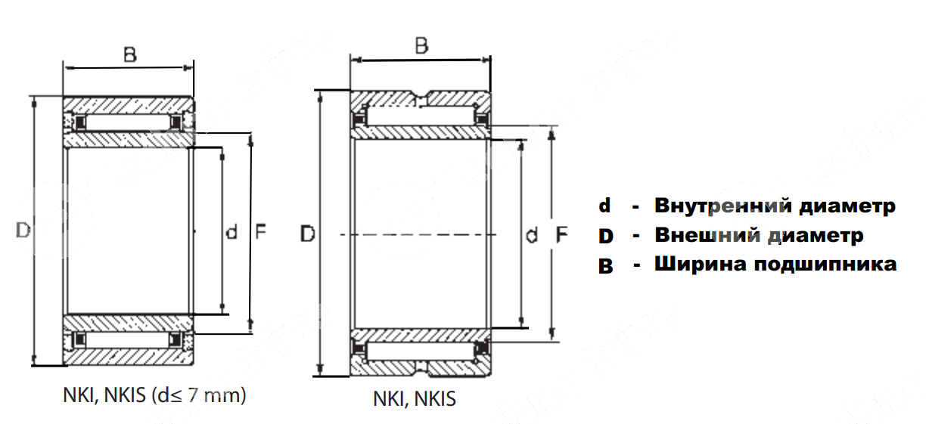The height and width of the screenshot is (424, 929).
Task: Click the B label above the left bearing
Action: point(130,54)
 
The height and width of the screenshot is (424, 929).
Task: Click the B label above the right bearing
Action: point(421,46)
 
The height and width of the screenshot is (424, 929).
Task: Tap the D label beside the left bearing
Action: point(23,231)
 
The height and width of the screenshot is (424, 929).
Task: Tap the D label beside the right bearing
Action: point(307,235)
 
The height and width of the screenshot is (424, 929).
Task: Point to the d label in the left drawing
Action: point(232,232)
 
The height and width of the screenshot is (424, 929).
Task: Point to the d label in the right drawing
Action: point(532,236)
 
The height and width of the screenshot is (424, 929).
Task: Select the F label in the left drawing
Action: point(259,232)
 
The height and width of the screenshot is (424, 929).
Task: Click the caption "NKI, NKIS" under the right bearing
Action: point(415,399)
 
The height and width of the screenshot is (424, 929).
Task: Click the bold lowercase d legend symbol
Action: point(604,206)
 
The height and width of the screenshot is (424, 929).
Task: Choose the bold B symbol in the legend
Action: point(605,266)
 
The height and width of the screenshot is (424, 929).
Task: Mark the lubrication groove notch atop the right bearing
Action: point(421,97)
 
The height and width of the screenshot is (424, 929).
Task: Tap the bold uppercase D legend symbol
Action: point(605,237)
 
